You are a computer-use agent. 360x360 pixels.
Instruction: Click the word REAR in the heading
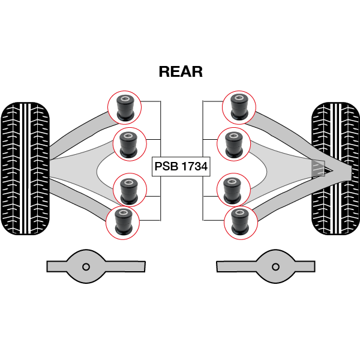181,71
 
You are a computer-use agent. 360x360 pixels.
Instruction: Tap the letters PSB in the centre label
166,167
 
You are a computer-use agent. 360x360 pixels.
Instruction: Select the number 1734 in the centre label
193,167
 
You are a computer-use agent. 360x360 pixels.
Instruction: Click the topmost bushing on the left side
125,106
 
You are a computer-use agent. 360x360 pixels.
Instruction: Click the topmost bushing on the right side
239,106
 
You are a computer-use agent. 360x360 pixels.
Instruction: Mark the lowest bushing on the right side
239,221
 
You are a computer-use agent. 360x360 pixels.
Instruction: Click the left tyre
25,168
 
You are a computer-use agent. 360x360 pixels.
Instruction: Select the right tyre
335,168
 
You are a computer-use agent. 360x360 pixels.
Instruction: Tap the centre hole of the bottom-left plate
86,266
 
